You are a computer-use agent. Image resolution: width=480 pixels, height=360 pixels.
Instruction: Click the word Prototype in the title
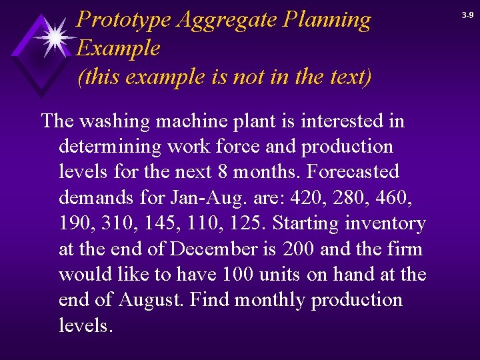point(124,20)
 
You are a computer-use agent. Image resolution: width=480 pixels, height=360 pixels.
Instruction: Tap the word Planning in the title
point(327,20)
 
